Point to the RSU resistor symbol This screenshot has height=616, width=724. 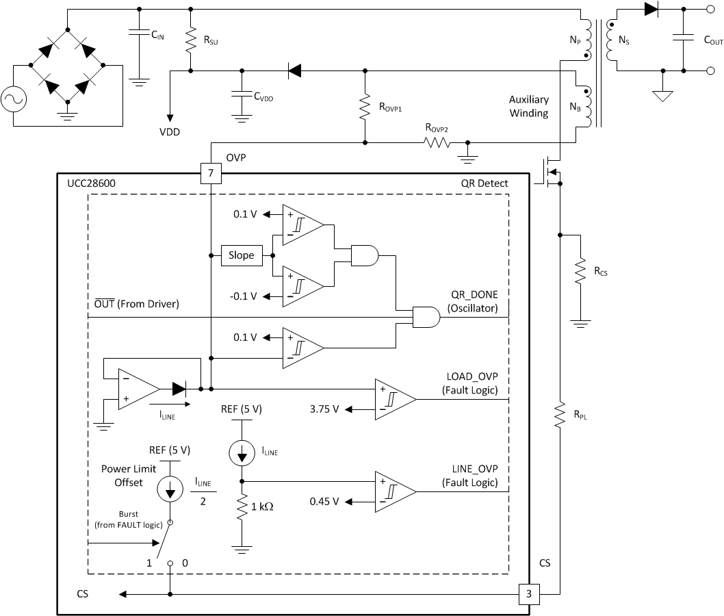[190, 40]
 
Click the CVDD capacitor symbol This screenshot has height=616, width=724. [240, 95]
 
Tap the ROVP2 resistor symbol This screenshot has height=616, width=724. [436, 143]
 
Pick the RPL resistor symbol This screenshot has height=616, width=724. [560, 414]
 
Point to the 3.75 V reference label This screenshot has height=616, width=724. [324, 409]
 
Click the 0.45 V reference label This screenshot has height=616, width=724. [324, 502]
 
